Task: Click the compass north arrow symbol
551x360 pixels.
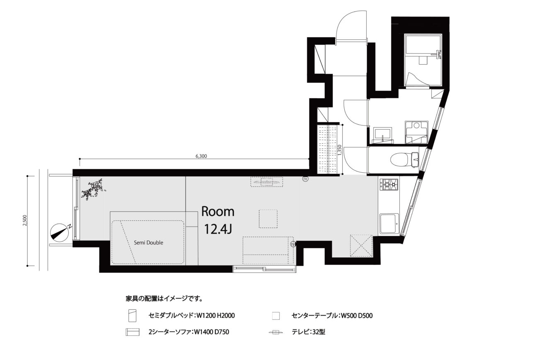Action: pyautogui.click(x=60, y=233)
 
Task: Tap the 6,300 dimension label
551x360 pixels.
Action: pyautogui.click(x=201, y=156)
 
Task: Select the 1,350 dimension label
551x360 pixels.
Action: pyautogui.click(x=340, y=150)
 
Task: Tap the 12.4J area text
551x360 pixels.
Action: pyautogui.click(x=218, y=230)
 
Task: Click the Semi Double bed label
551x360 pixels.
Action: pyautogui.click(x=148, y=243)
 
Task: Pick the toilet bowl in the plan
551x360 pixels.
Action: pyautogui.click(x=404, y=159)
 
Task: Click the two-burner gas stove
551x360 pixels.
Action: pyautogui.click(x=389, y=184)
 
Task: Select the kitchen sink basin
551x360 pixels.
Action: pyautogui.click(x=389, y=224)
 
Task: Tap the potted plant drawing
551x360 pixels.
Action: pyautogui.click(x=93, y=189)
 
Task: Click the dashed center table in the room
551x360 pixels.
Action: pyautogui.click(x=268, y=219)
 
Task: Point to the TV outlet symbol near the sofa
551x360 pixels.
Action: pyautogui.click(x=293, y=244)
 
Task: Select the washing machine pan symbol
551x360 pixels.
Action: pyautogui.click(x=416, y=132)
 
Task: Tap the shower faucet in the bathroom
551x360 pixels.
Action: pyautogui.click(x=438, y=54)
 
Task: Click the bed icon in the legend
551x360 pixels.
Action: pyautogui.click(x=132, y=315)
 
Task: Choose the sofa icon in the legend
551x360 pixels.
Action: pyautogui.click(x=132, y=332)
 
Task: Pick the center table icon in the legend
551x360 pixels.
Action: pyautogui.click(x=276, y=316)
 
